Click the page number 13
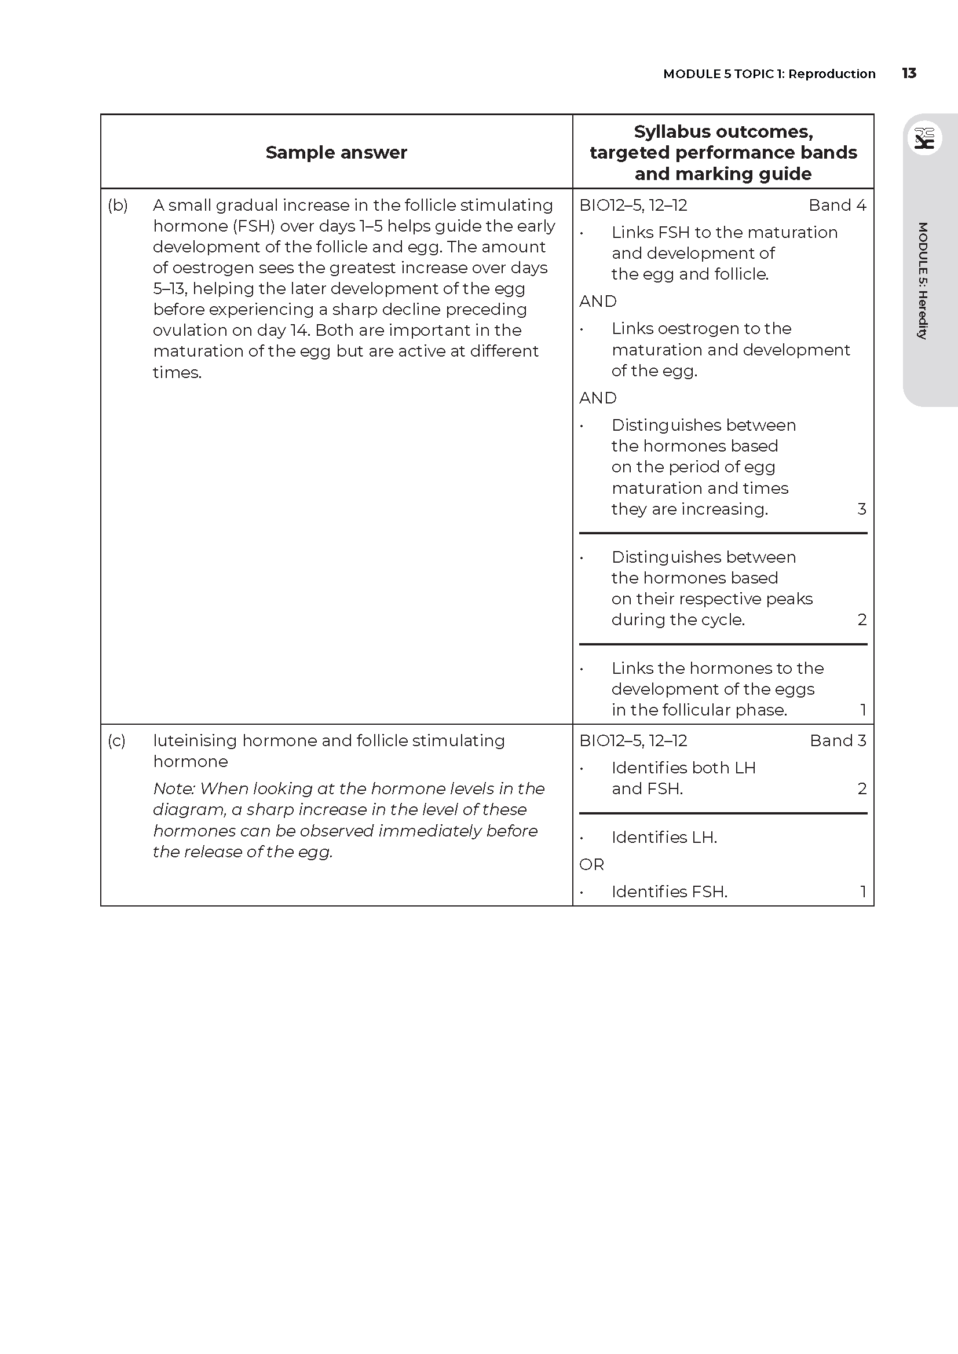click(908, 73)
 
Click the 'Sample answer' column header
click(336, 152)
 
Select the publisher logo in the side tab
click(924, 139)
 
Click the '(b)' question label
click(118, 206)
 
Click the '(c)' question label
click(116, 741)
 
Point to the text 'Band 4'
click(837, 206)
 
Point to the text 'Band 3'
click(838, 741)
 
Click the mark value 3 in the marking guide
click(861, 509)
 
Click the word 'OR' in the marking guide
click(592, 864)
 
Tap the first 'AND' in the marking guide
click(598, 302)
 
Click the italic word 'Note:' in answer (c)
click(174, 788)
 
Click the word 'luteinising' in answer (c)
click(195, 741)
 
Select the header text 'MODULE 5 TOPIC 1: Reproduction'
click(769, 74)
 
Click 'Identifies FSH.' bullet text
click(669, 891)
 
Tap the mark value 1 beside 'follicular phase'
click(863, 710)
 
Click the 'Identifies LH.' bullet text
click(664, 838)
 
